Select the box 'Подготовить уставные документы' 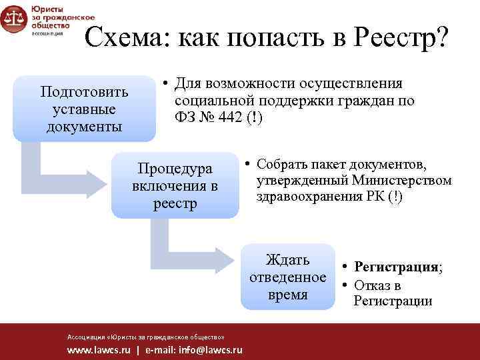coord(84,109)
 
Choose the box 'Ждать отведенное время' coord(287,277)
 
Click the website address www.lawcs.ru coord(99,350)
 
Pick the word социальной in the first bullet coord(212,101)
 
